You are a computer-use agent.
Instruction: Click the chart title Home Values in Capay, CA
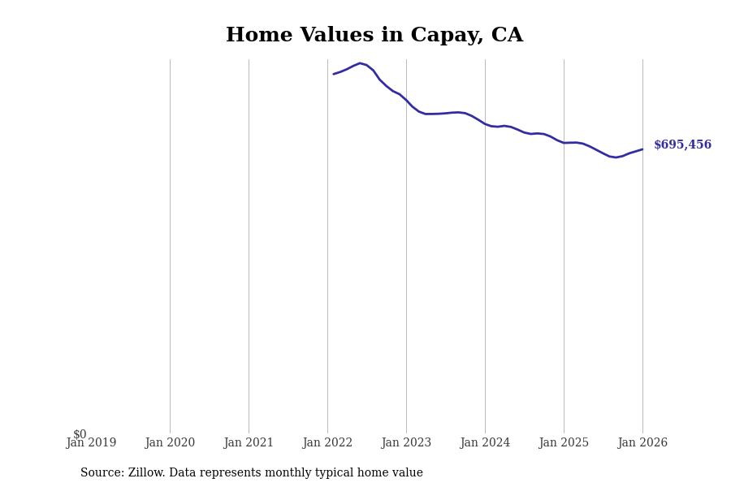tap(374, 36)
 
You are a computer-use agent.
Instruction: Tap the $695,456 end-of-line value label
tap(682, 145)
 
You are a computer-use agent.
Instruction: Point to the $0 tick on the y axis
tap(80, 434)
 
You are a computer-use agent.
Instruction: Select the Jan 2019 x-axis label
tap(91, 443)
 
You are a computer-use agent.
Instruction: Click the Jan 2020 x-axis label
tap(170, 443)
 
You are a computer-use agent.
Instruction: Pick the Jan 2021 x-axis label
tap(249, 443)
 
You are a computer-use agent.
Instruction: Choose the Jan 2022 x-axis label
tap(327, 443)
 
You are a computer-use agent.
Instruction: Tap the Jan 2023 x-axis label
tap(406, 443)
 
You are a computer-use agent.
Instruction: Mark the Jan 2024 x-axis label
tap(485, 443)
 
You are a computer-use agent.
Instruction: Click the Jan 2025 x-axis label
tap(564, 443)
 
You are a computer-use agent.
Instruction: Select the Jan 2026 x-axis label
tap(642, 443)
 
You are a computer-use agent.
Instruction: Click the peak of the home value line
tap(360, 63)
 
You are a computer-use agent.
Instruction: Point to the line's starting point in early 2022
tap(334, 74)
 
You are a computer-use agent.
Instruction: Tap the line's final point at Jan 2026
tap(642, 149)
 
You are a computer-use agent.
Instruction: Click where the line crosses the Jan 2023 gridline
tap(406, 101)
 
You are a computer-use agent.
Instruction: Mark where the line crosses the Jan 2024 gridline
tap(485, 123)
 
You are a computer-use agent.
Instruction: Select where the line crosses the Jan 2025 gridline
tap(564, 143)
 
